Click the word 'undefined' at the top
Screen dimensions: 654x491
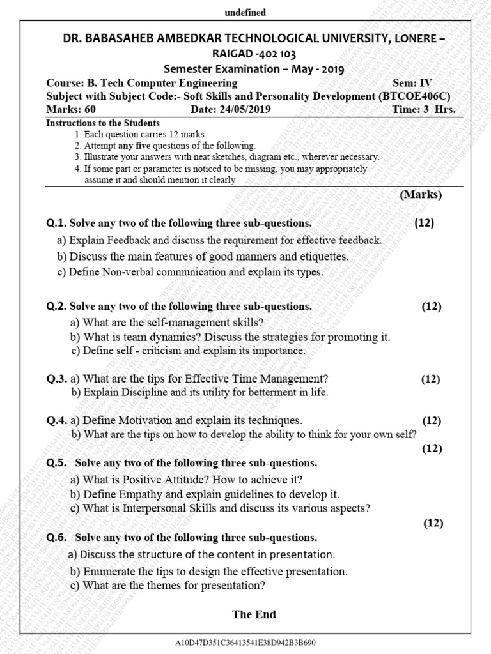click(245, 13)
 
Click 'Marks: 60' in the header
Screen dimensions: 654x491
click(71, 109)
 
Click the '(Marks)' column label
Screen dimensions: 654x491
click(421, 195)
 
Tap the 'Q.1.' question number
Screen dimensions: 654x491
click(56, 223)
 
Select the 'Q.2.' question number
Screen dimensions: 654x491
click(56, 307)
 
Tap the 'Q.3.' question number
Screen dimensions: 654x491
click(56, 379)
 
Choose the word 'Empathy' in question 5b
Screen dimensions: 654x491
click(139, 494)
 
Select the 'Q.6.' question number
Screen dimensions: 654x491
click(56, 537)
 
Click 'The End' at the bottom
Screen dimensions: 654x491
click(254, 614)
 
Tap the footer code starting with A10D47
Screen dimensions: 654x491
click(245, 643)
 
